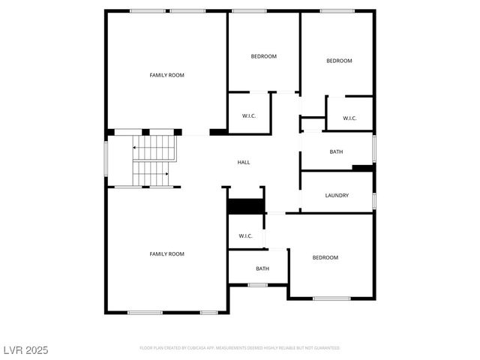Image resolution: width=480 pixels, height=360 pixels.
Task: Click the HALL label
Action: (x=244, y=162)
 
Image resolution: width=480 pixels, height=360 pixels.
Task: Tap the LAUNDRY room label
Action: (x=337, y=196)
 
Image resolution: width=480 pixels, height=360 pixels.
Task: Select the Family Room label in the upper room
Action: (x=166, y=75)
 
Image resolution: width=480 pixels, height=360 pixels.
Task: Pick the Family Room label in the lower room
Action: (x=166, y=254)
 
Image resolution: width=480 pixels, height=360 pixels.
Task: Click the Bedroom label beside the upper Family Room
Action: (x=263, y=56)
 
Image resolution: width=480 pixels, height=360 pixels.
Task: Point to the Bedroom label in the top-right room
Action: (x=339, y=61)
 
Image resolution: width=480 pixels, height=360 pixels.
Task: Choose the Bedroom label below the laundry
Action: (x=325, y=258)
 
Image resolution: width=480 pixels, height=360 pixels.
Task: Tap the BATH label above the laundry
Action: (x=336, y=152)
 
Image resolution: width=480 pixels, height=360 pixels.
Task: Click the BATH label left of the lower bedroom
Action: (x=262, y=268)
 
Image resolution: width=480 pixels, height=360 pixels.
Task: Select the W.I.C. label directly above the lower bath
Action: (x=246, y=236)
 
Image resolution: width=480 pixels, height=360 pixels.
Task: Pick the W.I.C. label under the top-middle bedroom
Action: (x=249, y=115)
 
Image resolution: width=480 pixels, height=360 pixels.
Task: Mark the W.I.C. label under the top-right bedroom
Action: (x=349, y=118)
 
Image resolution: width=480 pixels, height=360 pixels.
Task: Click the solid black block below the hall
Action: (x=246, y=206)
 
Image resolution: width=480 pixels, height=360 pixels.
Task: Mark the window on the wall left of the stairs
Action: (x=106, y=160)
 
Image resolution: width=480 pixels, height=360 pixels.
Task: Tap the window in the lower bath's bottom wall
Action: (x=258, y=284)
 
